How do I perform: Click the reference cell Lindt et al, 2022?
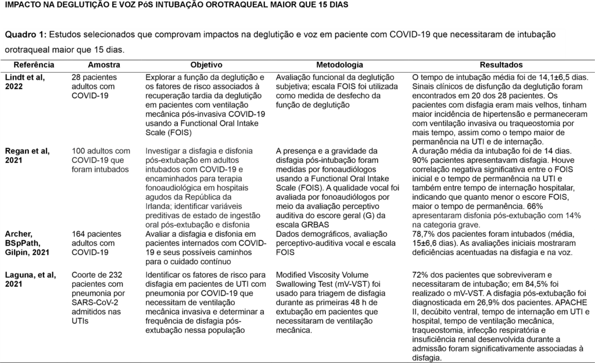click(28, 81)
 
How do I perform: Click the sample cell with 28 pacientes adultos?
click(95, 86)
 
